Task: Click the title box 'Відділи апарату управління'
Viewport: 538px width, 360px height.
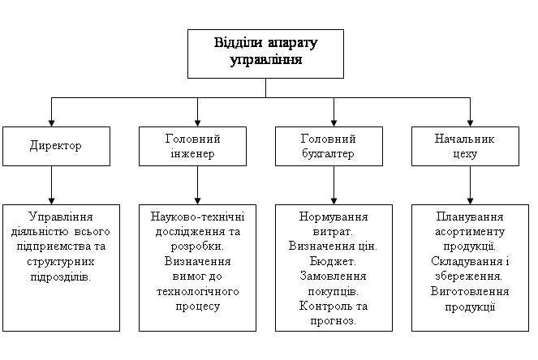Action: (265, 54)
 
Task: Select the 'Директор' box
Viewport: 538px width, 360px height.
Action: (56, 147)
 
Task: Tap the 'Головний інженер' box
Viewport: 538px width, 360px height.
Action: (192, 147)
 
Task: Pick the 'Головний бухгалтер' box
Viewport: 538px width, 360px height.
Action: (329, 147)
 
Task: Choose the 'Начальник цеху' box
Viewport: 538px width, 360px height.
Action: (465, 147)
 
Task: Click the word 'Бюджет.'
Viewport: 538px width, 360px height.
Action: (333, 261)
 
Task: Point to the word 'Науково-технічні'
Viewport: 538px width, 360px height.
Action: (197, 216)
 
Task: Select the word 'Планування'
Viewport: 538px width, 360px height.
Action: (470, 217)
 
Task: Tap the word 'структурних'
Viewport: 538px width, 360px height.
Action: (60, 262)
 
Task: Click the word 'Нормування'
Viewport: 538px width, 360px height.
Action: (334, 217)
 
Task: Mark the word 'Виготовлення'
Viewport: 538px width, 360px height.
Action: (470, 291)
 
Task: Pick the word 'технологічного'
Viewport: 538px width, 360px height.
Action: (198, 291)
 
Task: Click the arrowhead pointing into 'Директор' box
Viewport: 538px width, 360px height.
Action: (51, 123)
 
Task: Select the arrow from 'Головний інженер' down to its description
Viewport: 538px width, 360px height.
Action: (197, 186)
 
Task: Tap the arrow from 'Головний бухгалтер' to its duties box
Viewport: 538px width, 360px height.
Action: (334, 186)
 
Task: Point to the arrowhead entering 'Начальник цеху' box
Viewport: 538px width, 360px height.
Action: (470, 123)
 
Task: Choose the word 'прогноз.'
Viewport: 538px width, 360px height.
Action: (334, 321)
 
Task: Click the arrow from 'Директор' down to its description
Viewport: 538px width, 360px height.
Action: (51, 186)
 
